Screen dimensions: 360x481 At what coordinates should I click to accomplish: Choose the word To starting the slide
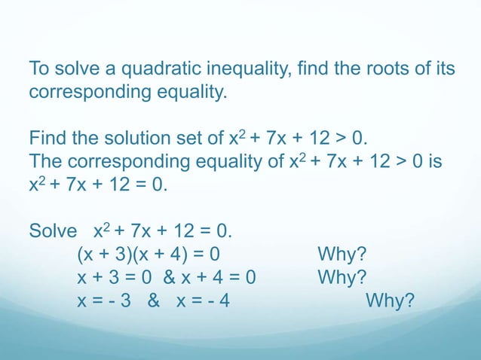[39, 70]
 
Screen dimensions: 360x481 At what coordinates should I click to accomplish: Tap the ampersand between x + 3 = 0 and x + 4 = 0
[166, 278]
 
